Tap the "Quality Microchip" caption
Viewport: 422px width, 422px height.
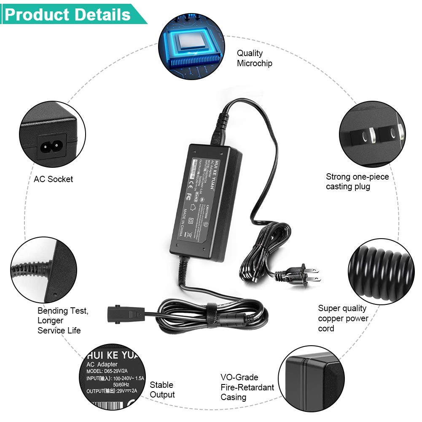pos(254,58)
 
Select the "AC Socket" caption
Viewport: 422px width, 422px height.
pos(54,179)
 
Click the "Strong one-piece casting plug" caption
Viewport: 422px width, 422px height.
pos(357,181)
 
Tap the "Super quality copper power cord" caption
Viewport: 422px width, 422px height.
pos(343,318)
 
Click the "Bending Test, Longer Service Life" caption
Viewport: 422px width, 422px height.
pos(62,320)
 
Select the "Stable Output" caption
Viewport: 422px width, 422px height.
pos(162,390)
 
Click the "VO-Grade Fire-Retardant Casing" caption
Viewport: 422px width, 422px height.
pos(247,387)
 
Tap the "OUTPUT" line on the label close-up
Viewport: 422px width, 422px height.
pos(112,391)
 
